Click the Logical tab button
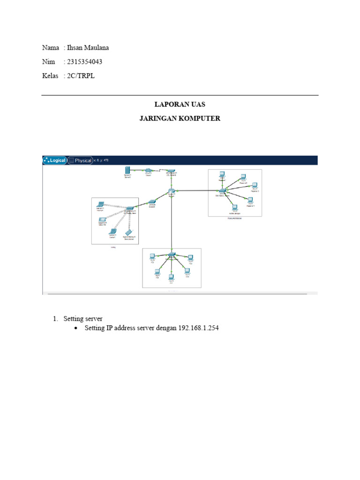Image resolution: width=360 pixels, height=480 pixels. tap(54, 160)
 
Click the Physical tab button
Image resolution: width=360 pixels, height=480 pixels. tap(80, 160)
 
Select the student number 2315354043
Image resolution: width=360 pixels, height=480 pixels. tap(85, 62)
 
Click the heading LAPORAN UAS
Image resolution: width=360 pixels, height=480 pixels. tap(180, 105)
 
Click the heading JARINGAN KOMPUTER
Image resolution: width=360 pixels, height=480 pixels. tap(180, 119)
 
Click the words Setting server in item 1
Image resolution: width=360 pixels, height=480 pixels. tap(83, 319)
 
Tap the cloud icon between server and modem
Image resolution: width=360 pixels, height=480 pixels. tap(148, 171)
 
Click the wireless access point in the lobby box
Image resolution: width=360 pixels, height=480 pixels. tap(129, 207)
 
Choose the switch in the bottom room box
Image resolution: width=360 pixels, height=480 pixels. tap(172, 254)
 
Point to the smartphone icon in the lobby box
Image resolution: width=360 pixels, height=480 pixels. tap(129, 232)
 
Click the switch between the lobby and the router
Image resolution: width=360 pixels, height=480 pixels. tap(152, 202)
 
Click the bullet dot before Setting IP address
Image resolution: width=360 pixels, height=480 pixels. tap(76, 329)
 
